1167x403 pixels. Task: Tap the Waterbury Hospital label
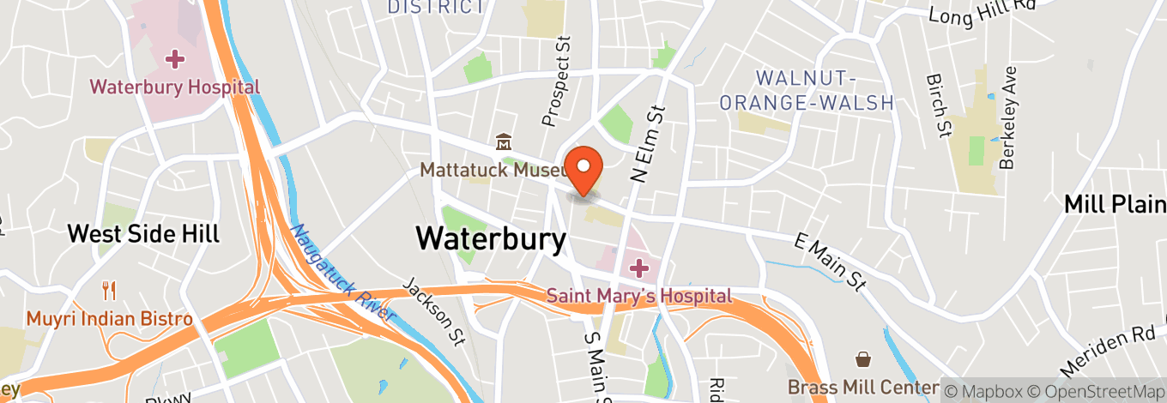[174, 87]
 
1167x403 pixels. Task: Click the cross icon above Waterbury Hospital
[175, 59]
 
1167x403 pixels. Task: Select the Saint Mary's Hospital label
[639, 296]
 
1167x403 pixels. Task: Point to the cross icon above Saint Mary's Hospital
[638, 269]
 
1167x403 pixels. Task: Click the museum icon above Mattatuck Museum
[503, 141]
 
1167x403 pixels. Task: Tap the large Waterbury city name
[491, 238]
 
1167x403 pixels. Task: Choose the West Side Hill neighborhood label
[143, 233]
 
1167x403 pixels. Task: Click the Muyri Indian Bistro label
[109, 319]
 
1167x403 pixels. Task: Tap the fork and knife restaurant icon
[108, 291]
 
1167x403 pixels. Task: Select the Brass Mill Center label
[862, 387]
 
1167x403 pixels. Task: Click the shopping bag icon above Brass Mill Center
[863, 360]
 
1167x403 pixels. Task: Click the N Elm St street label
[648, 143]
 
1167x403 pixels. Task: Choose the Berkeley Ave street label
[1007, 105]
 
